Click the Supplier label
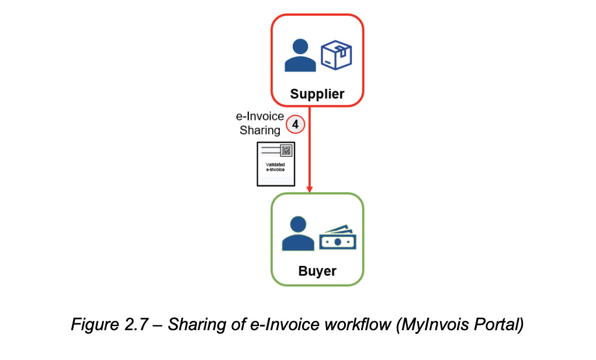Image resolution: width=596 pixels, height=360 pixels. [317, 94]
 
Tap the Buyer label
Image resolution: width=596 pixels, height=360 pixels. [317, 271]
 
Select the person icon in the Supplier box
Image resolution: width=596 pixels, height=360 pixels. [300, 56]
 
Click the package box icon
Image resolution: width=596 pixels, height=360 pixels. [336, 55]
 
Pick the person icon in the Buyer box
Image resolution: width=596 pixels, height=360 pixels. [298, 233]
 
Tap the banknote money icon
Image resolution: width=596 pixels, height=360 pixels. [337, 238]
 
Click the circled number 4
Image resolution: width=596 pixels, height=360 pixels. [296, 124]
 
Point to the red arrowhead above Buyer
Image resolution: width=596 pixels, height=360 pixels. [309, 187]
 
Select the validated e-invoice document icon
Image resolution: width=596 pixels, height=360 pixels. [276, 164]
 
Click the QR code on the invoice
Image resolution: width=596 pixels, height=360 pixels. [286, 150]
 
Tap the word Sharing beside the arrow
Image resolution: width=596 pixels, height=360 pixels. [260, 130]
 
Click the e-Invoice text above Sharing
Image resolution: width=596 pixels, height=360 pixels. [260, 117]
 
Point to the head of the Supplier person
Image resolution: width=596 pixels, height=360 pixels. [300, 46]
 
